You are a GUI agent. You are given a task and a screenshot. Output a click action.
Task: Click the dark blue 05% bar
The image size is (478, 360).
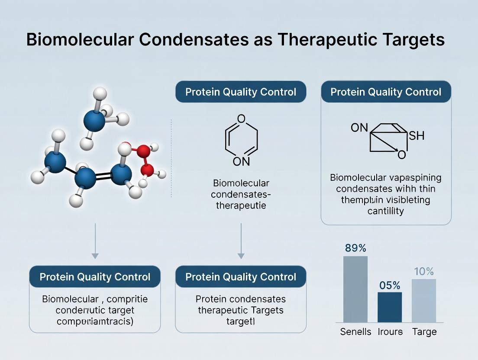(390, 307)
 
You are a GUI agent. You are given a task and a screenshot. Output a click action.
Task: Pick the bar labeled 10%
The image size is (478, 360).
(424, 301)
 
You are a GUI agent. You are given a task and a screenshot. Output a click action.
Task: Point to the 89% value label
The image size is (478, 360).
(355, 248)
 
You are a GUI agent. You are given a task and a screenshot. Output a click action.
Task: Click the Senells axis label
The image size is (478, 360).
(355, 332)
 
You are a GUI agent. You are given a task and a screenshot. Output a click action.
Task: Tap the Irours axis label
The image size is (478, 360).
(390, 332)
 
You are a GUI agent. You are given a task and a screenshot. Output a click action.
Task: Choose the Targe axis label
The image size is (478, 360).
(424, 332)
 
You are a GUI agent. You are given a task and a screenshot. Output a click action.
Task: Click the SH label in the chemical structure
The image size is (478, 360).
(417, 136)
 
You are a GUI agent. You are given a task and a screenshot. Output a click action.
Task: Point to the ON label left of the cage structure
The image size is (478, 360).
(359, 128)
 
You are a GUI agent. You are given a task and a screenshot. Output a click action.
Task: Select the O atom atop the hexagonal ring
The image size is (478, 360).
(241, 119)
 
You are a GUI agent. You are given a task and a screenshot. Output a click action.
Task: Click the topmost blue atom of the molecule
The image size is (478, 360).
(94, 121)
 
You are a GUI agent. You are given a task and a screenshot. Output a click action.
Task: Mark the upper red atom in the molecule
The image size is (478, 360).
(144, 151)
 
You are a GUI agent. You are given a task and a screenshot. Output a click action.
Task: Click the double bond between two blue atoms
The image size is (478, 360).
(104, 176)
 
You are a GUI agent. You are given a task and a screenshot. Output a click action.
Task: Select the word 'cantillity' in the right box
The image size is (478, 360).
(385, 211)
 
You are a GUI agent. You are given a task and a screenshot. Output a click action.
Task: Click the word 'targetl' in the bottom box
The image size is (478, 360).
(241, 321)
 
